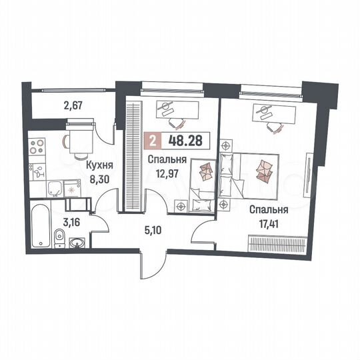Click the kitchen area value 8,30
tap(99, 179)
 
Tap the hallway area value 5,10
tap(155, 233)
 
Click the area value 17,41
tap(263, 220)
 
